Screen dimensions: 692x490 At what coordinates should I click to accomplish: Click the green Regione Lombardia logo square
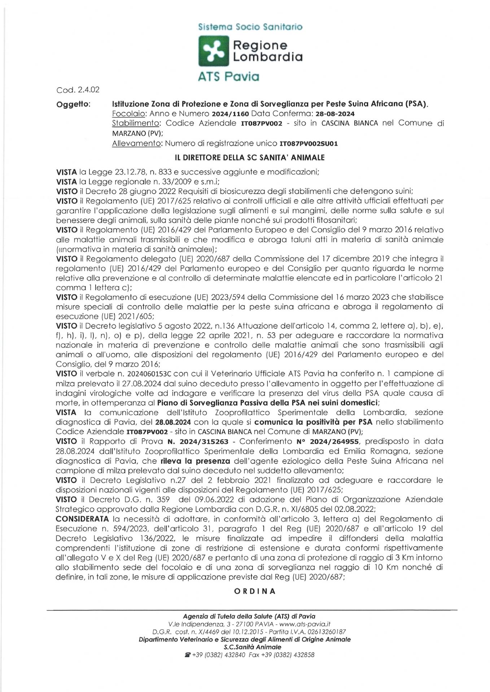214,51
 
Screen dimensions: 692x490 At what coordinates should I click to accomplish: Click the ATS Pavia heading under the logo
229,77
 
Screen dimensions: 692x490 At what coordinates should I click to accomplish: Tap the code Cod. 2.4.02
78,90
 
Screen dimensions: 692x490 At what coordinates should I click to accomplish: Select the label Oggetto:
74,104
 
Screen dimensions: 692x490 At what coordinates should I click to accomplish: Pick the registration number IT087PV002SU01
309,143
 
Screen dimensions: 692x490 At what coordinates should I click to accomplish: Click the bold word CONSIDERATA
82,519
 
